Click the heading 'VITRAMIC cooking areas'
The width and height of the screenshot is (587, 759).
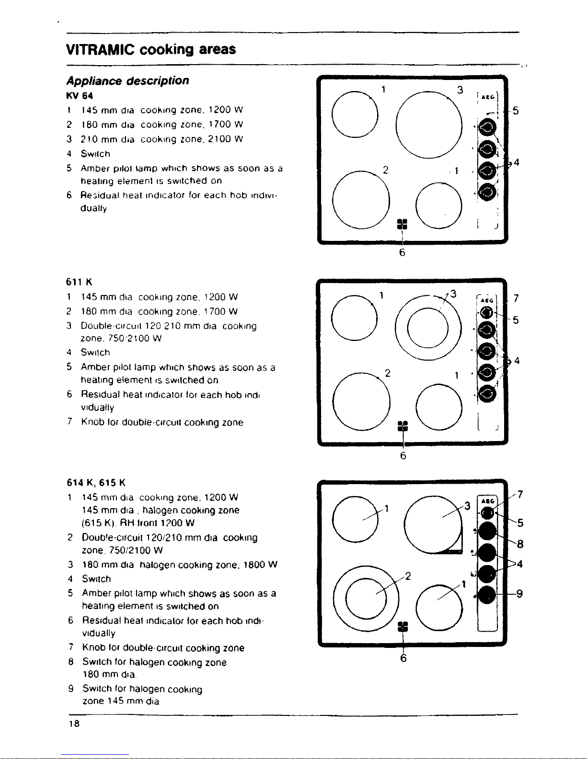(x=151, y=49)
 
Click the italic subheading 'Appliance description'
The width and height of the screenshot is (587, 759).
(x=127, y=80)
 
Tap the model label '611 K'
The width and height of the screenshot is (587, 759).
(x=80, y=282)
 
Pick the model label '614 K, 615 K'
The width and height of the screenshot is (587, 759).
(x=96, y=482)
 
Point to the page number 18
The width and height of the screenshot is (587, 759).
(x=73, y=724)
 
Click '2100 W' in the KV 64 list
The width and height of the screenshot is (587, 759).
(x=226, y=139)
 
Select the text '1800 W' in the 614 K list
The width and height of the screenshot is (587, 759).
(x=260, y=565)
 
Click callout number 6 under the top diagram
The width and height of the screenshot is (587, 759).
(x=402, y=252)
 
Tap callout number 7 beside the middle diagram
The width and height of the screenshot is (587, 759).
(x=516, y=298)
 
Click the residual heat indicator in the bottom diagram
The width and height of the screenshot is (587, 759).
(x=403, y=627)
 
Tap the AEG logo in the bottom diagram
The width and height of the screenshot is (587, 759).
(x=487, y=501)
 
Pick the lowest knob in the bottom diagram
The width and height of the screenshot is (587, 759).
(x=487, y=595)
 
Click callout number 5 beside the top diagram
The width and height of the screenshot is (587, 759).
(x=516, y=111)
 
